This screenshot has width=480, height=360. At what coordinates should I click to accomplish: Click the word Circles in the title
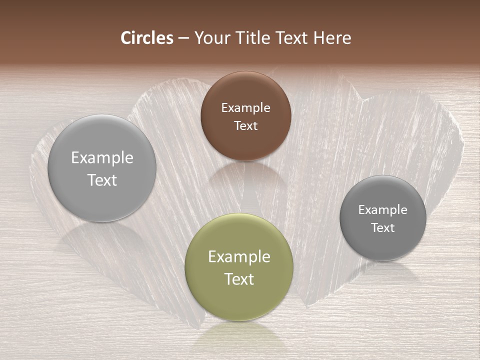[x=147, y=38]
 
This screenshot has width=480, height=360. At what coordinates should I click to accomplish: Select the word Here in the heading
[x=332, y=38]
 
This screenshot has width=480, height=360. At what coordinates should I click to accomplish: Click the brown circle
[x=245, y=116]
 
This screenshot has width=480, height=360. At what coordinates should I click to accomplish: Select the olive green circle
[x=238, y=267]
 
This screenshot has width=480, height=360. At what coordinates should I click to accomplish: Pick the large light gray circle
[x=102, y=168]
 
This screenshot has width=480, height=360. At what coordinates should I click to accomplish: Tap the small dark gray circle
[x=383, y=218]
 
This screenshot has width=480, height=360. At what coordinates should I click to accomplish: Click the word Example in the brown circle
[x=245, y=107]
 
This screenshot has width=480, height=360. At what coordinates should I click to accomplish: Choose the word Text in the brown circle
[x=245, y=125]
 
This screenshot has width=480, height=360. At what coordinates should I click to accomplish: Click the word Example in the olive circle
[x=239, y=256]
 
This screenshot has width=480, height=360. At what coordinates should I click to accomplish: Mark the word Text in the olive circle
[x=239, y=279]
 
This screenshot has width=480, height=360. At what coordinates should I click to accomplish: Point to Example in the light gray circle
[x=102, y=157]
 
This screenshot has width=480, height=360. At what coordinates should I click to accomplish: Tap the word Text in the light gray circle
[x=102, y=180]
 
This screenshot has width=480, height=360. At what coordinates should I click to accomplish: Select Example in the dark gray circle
[x=383, y=209]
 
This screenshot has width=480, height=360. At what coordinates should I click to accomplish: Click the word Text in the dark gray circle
[x=383, y=227]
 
